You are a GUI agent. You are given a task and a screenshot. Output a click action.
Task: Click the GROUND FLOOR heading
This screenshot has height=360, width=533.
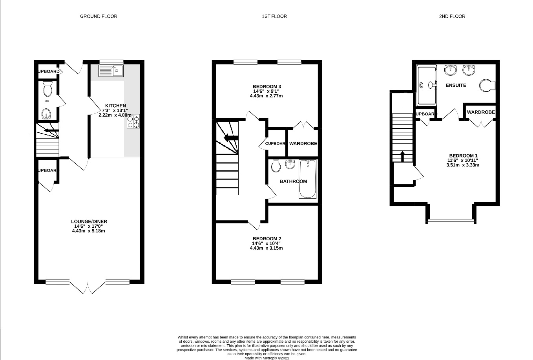99,16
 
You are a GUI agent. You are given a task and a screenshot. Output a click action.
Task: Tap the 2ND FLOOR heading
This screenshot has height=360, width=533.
452,16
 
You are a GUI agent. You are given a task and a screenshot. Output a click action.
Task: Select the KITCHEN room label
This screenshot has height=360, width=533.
115,106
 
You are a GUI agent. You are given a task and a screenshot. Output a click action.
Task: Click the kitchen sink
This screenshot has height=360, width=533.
111,71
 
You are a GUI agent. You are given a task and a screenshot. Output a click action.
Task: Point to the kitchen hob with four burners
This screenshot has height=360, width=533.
133,121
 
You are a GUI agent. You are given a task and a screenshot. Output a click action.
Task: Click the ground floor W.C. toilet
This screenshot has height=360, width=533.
47,89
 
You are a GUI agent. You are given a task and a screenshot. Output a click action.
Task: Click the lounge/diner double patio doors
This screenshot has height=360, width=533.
88,287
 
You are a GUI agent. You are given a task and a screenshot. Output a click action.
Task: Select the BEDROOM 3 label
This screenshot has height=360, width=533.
266,86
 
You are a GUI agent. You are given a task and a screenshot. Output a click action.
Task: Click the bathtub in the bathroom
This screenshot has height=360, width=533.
308,179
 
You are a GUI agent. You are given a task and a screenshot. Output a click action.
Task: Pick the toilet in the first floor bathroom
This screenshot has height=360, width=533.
276,166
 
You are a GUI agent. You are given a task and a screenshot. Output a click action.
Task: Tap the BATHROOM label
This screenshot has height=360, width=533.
293,181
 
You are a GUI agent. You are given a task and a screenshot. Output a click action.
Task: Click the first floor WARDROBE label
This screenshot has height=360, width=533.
303,144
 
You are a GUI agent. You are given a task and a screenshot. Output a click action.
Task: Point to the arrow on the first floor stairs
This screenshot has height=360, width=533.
229,137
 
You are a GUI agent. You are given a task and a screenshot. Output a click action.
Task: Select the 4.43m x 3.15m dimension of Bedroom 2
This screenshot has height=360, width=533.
266,248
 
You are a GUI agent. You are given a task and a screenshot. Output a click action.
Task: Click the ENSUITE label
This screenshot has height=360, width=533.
456,85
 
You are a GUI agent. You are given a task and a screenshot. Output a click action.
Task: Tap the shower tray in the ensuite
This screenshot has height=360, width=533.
427,85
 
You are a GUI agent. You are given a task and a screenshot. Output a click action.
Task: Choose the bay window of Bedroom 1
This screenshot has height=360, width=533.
451,221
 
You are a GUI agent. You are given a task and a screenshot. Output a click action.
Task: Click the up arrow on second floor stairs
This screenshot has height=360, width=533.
402,155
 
